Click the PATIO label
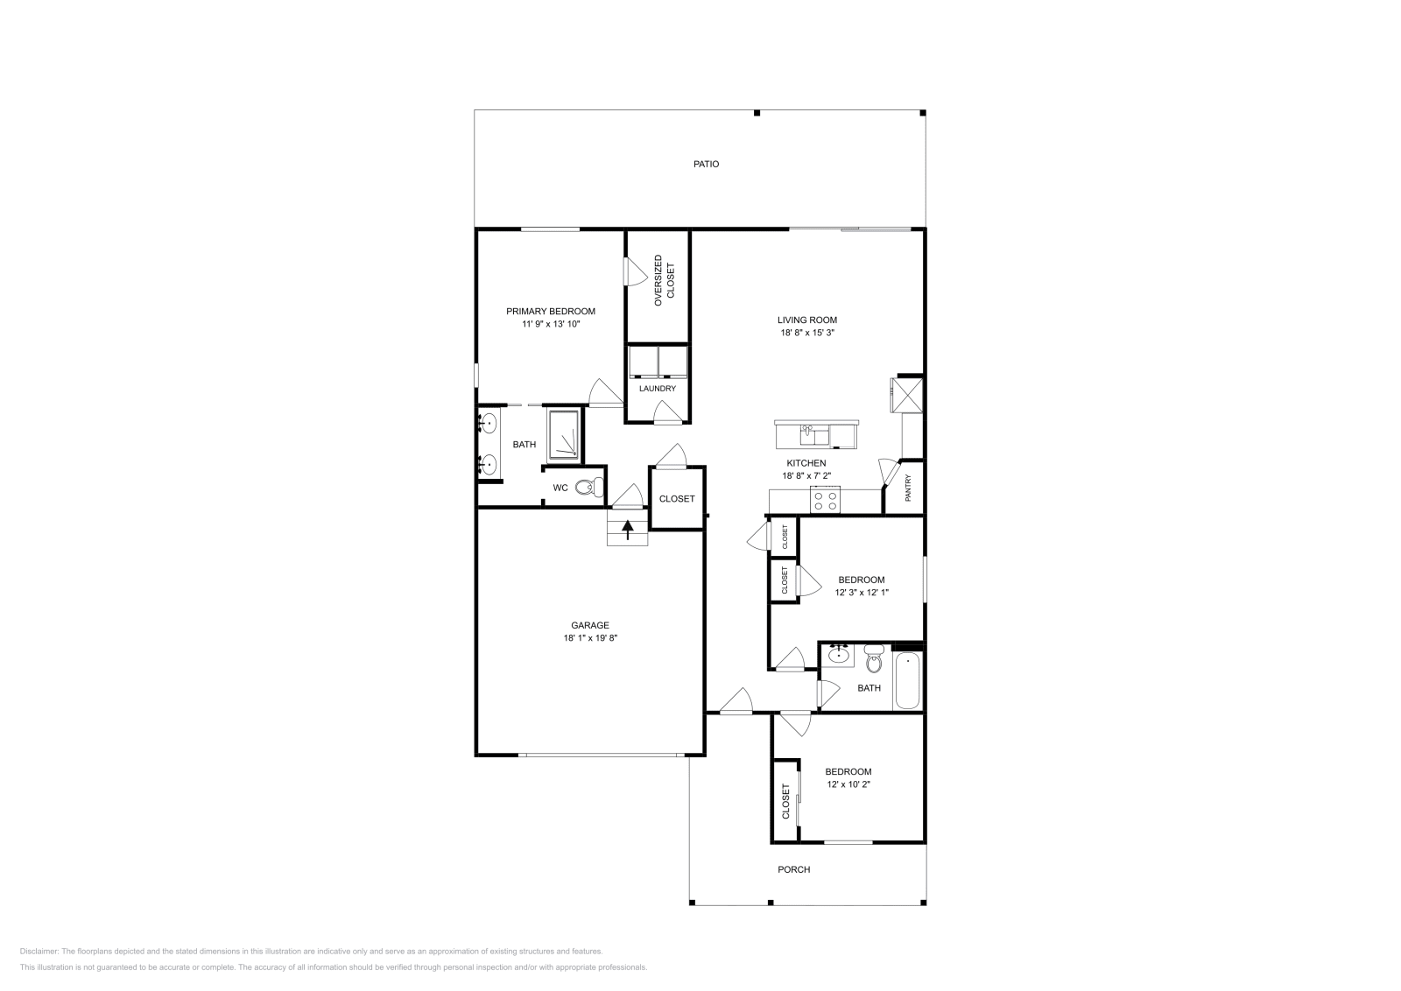coord(706,164)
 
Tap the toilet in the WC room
coord(595,487)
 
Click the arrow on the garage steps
coord(627,528)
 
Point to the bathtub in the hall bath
coord(907,681)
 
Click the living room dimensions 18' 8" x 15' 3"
coord(807,333)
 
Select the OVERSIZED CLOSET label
coord(665,281)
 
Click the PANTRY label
coord(908,488)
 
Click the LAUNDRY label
coord(657,389)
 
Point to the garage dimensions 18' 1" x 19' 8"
coord(590,638)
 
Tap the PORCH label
coord(793,869)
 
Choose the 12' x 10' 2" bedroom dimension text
coord(848,784)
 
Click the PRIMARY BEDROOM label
coord(551,311)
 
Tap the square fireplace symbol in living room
coord(907,393)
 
